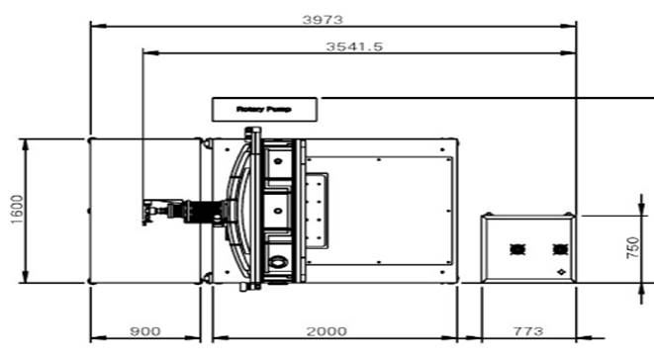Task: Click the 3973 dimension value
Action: [x=323, y=19]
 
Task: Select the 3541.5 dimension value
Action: [x=354, y=46]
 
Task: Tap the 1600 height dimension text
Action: [x=17, y=210]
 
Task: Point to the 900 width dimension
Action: [x=144, y=331]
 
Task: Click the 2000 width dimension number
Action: [x=327, y=331]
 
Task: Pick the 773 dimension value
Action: [x=528, y=331]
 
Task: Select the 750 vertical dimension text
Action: [x=632, y=248]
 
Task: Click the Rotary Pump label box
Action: [x=264, y=110]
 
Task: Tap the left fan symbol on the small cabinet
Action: [x=517, y=249]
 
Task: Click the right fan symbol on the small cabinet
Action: [x=560, y=249]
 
